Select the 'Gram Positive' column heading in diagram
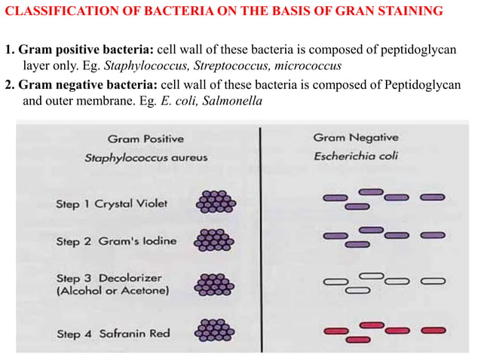click(146, 139)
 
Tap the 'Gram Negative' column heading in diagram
click(355, 138)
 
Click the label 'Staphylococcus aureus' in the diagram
click(146, 158)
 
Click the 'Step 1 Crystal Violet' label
click(112, 203)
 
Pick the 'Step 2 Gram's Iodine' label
click(115, 241)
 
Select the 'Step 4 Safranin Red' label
click(112, 332)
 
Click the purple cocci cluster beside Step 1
click(216, 201)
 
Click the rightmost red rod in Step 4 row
click(433, 330)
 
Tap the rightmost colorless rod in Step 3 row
click(433, 281)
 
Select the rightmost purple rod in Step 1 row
click(433, 198)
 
